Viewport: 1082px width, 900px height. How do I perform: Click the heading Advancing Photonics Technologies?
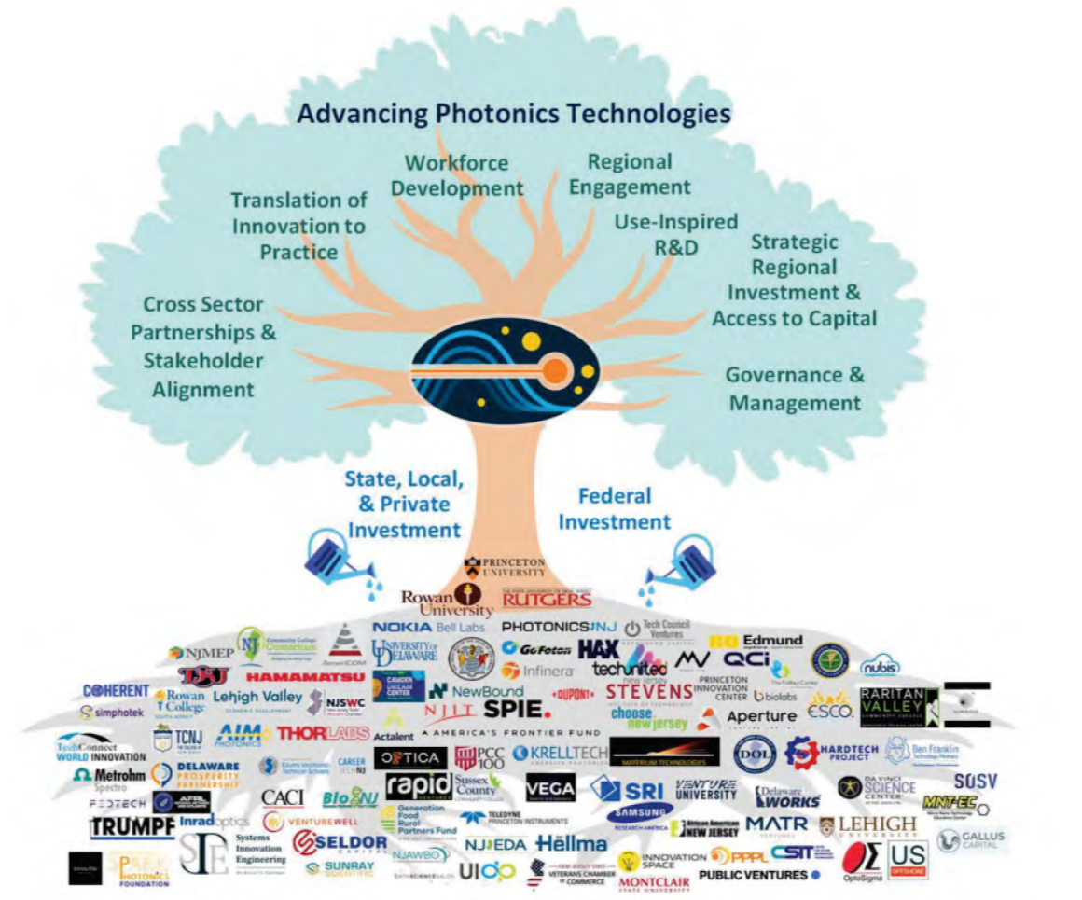[513, 115]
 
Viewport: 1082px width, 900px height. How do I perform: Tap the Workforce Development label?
[457, 175]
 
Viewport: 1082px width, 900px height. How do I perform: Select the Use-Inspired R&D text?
[675, 234]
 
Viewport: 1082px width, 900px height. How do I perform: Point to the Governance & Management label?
[795, 389]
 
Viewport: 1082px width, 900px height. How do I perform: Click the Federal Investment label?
[614, 508]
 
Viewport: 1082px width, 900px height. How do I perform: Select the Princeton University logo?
[505, 567]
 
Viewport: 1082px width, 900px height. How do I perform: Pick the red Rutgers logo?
[547, 597]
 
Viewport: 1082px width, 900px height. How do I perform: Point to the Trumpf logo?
[132, 827]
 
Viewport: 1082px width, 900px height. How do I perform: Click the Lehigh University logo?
[868, 825]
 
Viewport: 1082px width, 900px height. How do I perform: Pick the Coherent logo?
[116, 691]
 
